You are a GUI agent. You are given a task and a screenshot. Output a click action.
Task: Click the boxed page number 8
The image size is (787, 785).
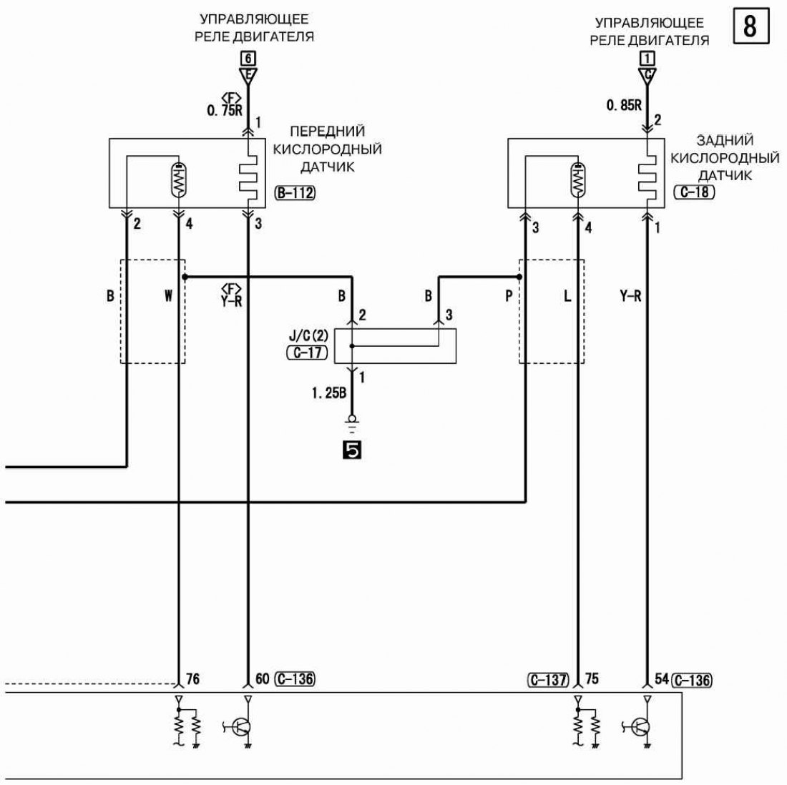751,28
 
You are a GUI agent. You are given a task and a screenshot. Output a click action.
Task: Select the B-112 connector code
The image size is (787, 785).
295,192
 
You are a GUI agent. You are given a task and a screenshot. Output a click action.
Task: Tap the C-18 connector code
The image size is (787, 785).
693,192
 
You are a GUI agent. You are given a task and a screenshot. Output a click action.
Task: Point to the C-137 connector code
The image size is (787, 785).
550,679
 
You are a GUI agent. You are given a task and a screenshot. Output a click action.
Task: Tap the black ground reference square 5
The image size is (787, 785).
351,449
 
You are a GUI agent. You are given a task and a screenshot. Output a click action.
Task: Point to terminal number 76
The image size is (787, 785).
192,678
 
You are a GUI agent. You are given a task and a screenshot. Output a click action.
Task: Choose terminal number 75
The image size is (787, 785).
590,678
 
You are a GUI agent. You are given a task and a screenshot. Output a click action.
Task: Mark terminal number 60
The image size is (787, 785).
262,678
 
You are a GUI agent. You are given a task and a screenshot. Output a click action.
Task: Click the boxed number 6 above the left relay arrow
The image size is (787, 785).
248,59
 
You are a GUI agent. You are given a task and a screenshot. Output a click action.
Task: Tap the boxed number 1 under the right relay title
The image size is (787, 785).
647,59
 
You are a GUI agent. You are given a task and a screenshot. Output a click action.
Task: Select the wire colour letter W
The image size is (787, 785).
168,296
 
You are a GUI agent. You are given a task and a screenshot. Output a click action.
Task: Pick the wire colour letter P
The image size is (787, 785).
509,296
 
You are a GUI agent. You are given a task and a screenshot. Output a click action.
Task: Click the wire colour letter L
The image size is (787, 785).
567,296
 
